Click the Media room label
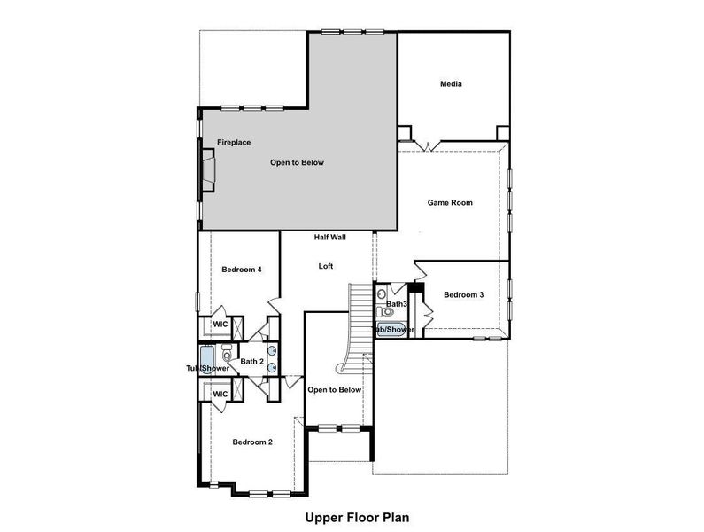point(452,84)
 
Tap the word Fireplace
point(234,142)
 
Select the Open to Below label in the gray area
point(297,163)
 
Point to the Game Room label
point(450,203)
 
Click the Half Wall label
point(329,238)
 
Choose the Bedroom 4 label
point(241,270)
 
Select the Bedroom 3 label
point(463,295)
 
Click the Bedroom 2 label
point(252,442)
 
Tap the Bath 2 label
point(251,361)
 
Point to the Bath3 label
point(396,304)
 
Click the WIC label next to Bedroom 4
point(220,325)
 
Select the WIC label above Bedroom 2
point(220,394)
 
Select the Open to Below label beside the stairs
point(334,390)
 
